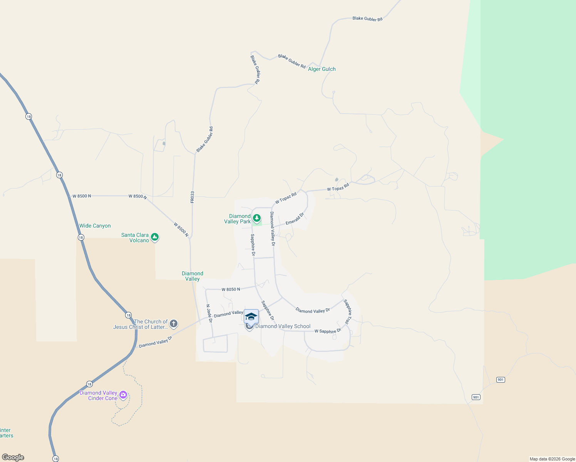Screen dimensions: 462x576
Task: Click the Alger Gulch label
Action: pos(322,69)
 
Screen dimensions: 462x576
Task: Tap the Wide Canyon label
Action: pos(95,226)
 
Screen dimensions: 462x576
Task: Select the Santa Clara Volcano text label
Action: pos(135,238)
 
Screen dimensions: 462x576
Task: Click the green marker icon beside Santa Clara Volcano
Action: pos(155,237)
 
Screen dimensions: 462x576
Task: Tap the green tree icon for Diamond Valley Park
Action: pos(257,218)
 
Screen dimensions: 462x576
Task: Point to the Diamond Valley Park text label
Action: pos(238,219)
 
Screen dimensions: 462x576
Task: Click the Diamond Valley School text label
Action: pos(283,326)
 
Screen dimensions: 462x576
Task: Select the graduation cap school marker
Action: pos(251,316)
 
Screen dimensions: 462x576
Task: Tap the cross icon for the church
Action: pos(174,324)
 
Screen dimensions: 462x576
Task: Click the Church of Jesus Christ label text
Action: pos(141,325)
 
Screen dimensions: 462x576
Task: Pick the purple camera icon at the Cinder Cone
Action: pos(123,395)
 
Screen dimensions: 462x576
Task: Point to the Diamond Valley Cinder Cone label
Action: pos(99,396)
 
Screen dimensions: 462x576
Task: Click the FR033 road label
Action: pos(193,197)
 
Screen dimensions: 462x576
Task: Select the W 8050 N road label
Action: pos(231,290)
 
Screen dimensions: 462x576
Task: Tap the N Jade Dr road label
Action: pos(209,313)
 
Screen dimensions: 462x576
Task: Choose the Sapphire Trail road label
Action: pos(348,311)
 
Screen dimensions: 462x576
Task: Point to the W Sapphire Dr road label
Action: pos(328,331)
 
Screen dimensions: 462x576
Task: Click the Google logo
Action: pos(13,457)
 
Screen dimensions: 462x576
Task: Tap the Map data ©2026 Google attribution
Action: pos(552,459)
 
